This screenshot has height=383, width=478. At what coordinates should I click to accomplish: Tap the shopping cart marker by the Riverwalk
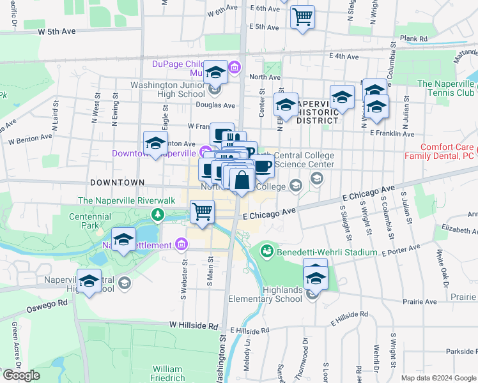[x=202, y=212]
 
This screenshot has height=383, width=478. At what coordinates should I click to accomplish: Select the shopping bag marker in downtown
[x=242, y=181]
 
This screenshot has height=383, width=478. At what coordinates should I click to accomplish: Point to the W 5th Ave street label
[x=56, y=31]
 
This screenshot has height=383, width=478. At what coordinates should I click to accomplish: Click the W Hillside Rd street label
[x=194, y=325]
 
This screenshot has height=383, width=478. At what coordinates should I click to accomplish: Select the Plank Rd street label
[x=413, y=39]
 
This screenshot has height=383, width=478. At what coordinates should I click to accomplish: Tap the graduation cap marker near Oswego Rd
[x=89, y=281]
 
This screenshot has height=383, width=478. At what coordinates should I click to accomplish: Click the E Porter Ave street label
[x=401, y=249]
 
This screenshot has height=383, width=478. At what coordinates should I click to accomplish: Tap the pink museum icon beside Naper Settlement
[x=181, y=245]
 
